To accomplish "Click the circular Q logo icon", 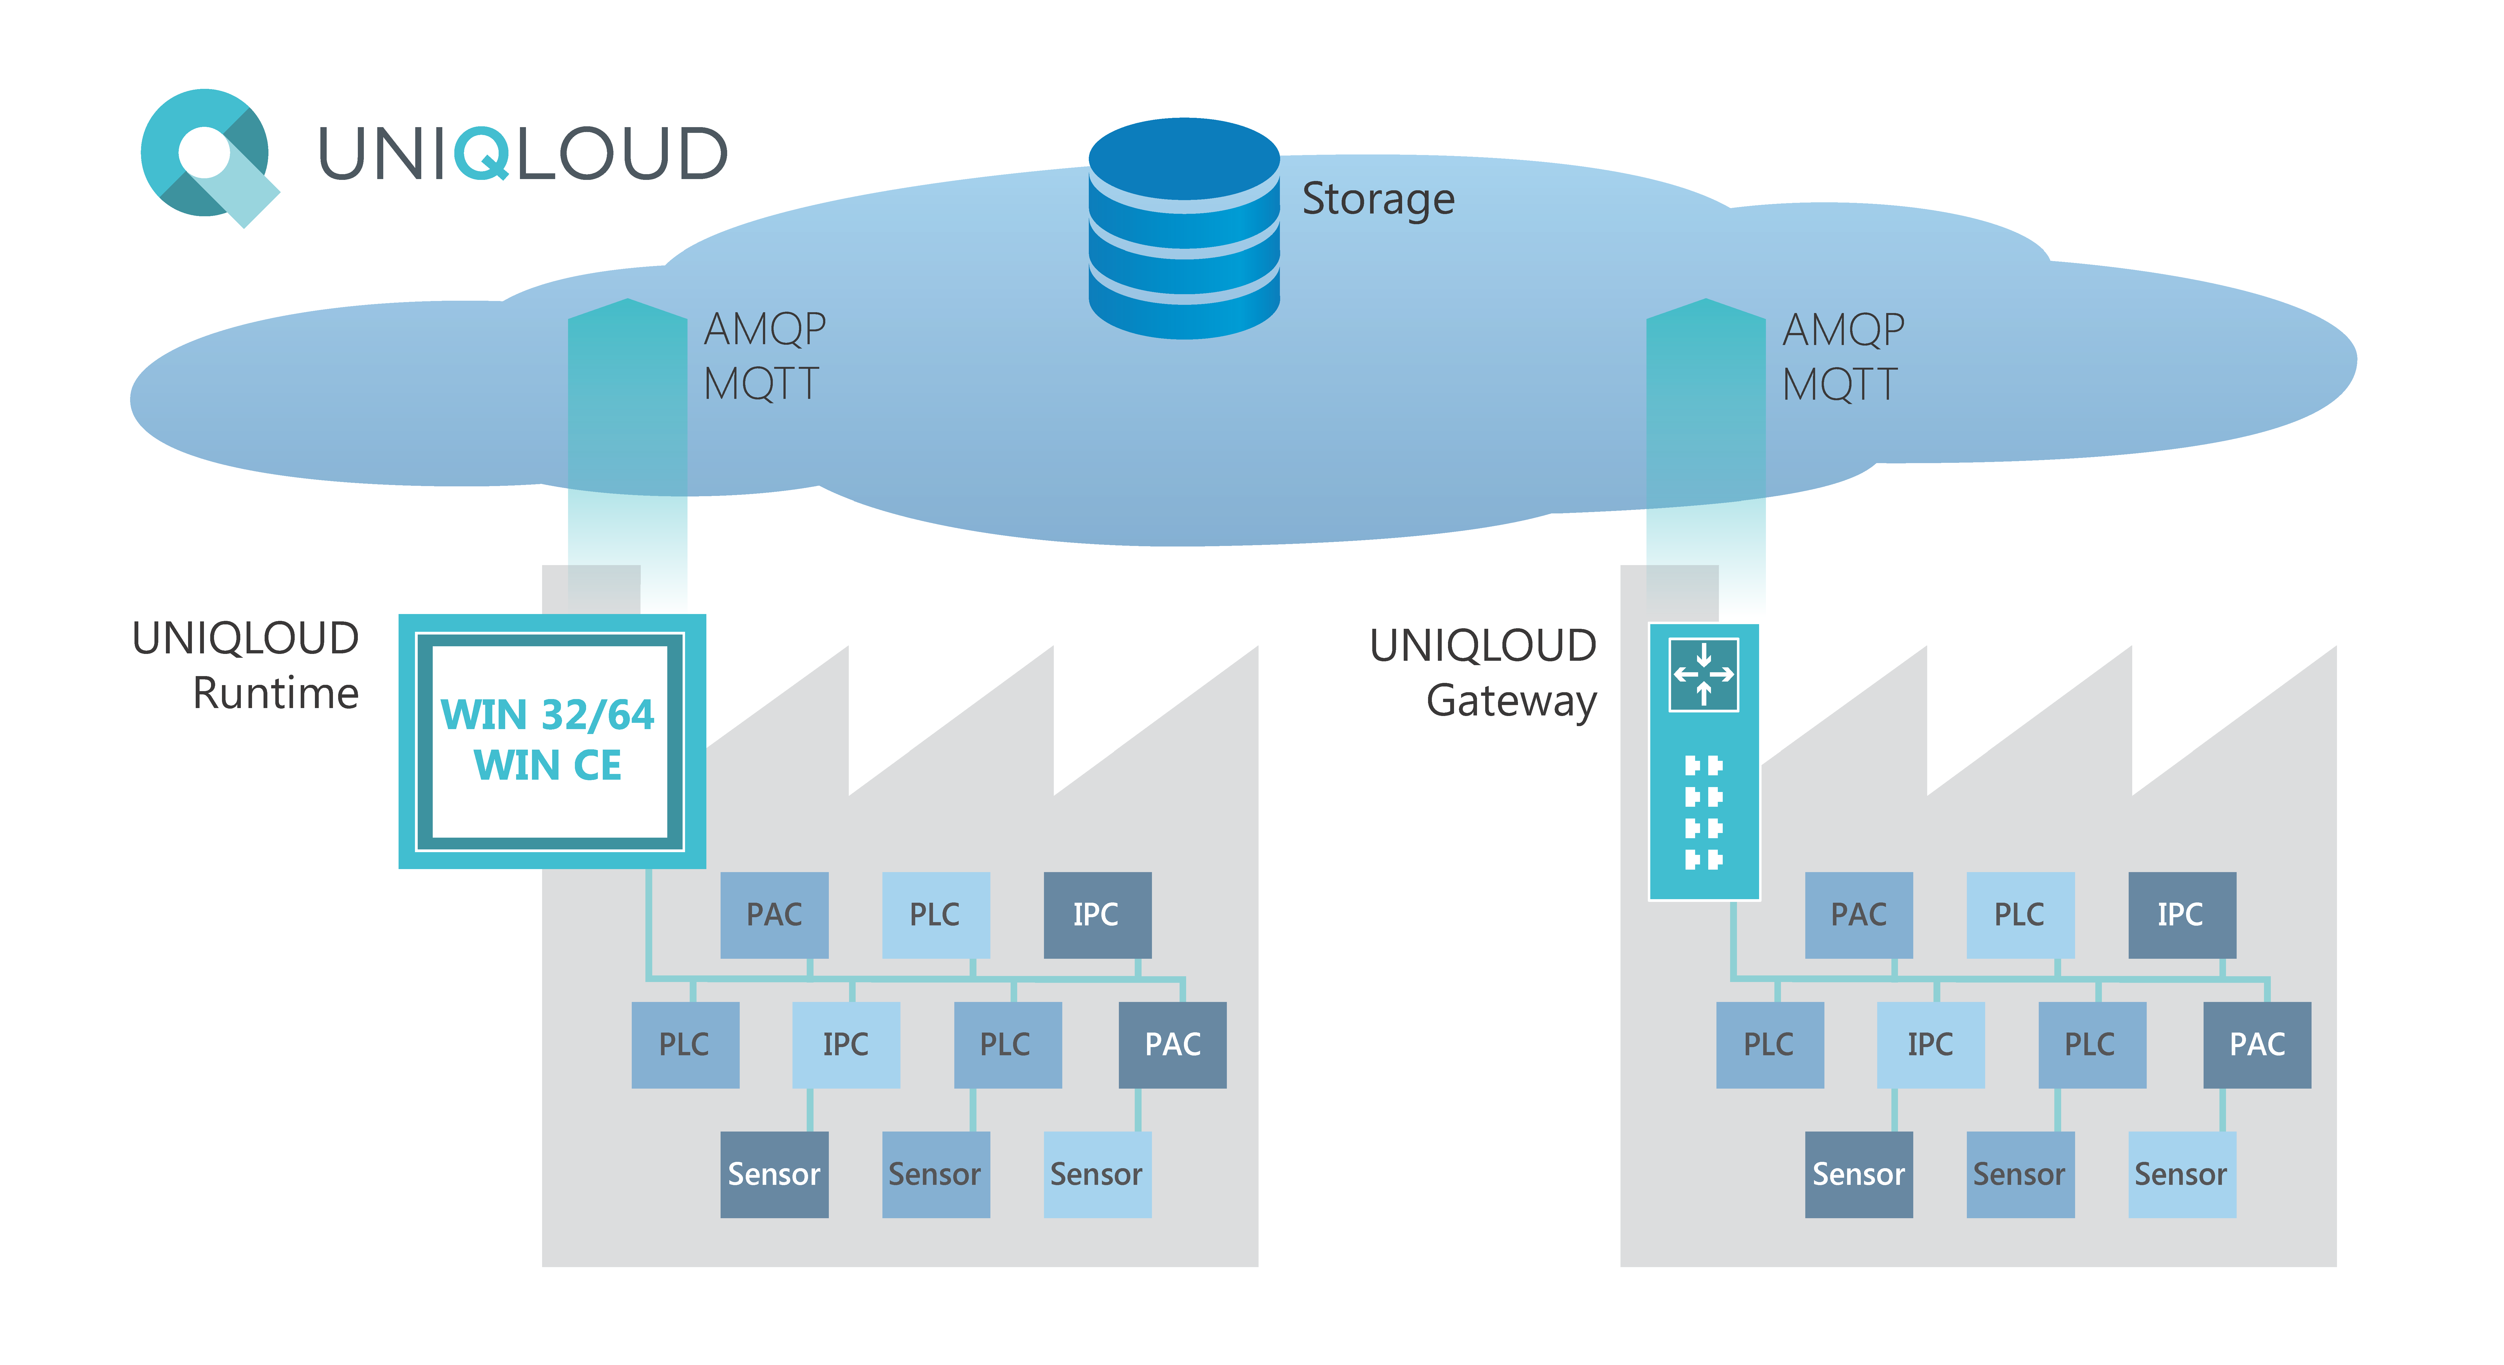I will tap(206, 156).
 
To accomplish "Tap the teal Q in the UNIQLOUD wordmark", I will tap(481, 154).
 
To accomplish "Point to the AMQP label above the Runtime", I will tap(764, 329).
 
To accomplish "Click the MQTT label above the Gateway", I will tap(1839, 384).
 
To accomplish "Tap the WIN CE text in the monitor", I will tap(547, 765).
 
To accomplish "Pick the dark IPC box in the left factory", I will tap(1096, 914).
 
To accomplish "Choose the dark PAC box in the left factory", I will tap(1172, 1044).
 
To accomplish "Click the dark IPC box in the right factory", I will tap(2181, 914).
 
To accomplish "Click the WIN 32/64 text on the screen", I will tap(547, 715).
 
